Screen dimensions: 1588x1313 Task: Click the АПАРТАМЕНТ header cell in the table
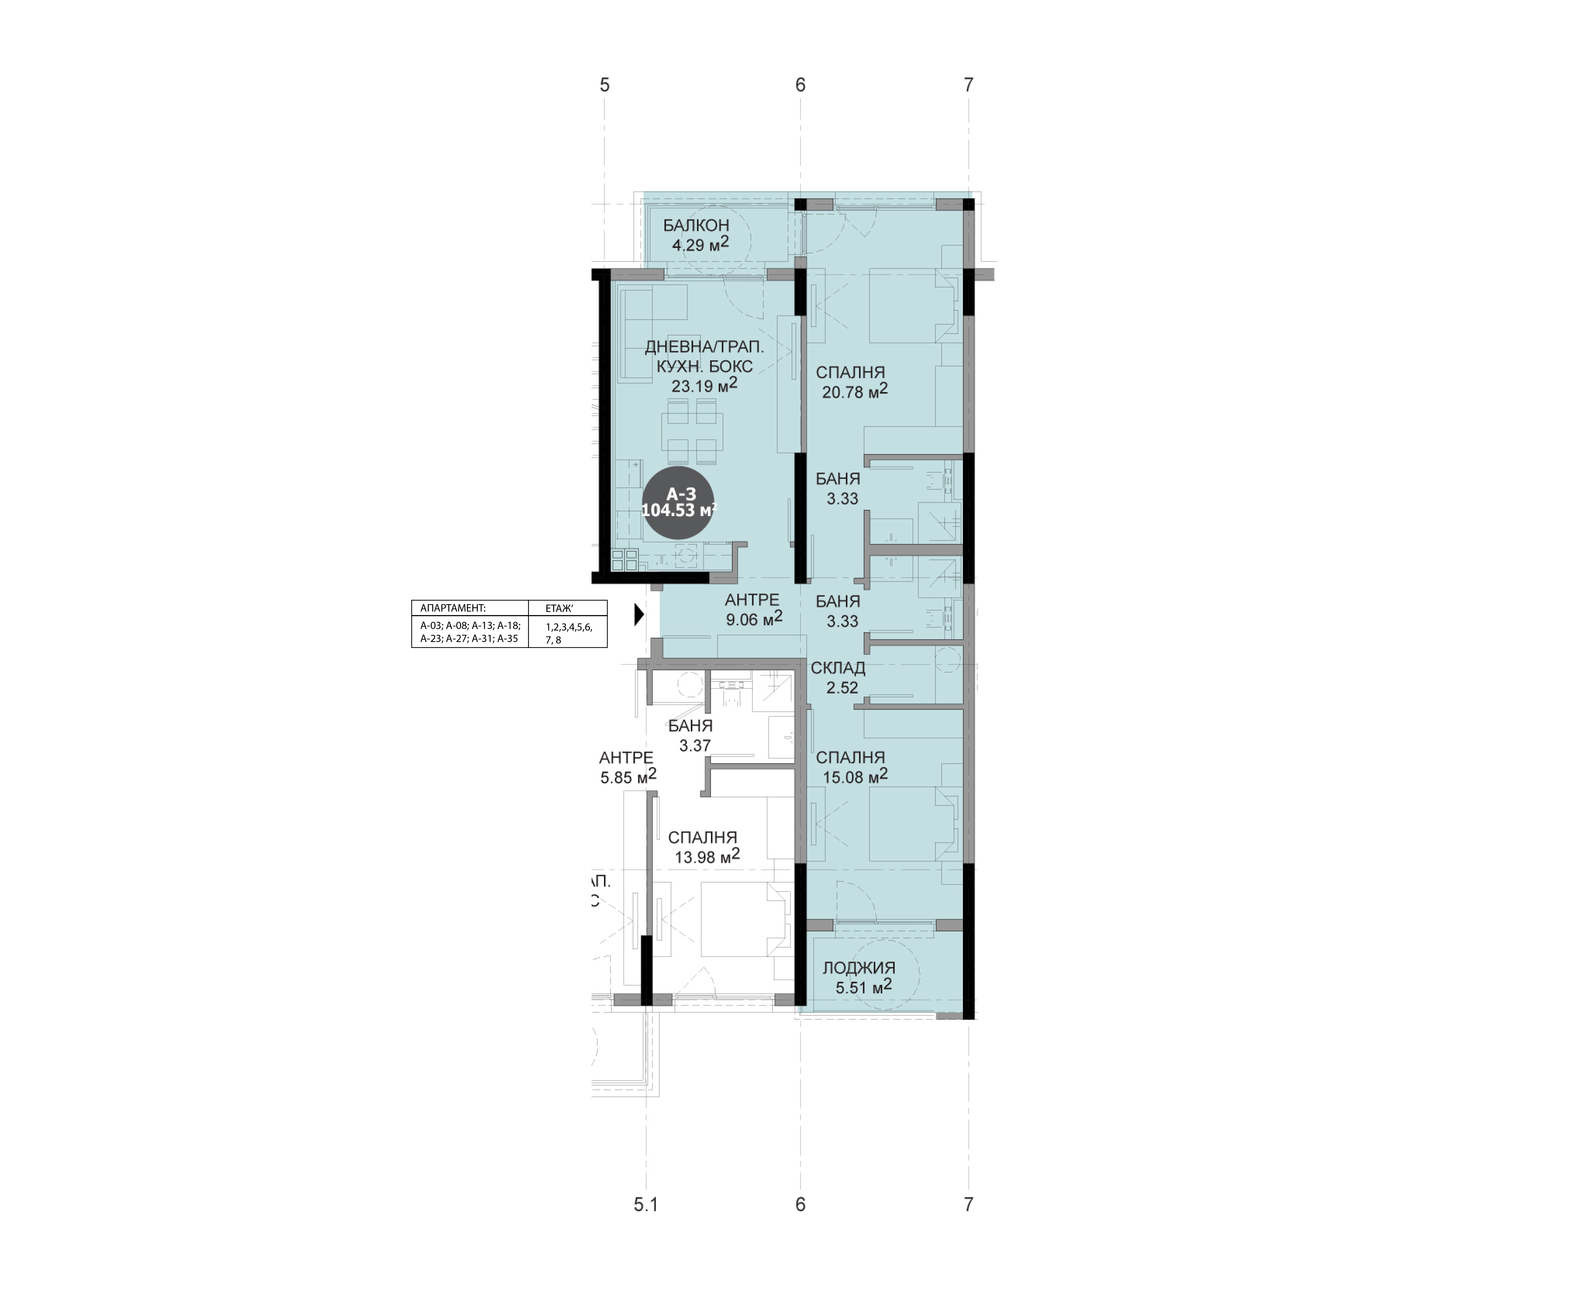click(470, 608)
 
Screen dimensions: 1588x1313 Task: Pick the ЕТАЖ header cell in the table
click(567, 608)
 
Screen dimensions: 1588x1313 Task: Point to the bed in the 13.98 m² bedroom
click(745, 919)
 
